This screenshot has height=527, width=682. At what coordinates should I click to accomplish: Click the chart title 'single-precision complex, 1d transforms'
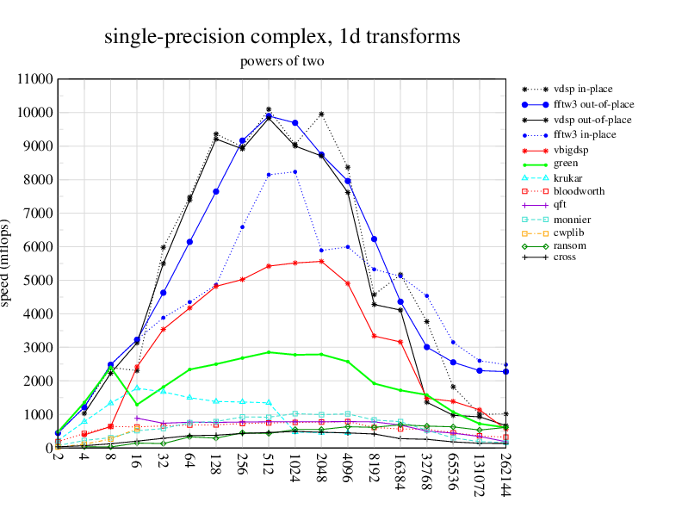point(282,37)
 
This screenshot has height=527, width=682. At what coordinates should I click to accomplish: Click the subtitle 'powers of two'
point(282,61)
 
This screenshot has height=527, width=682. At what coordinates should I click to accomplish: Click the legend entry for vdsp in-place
point(578,89)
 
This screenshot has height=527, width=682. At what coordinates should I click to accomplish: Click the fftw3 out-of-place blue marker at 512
point(269,116)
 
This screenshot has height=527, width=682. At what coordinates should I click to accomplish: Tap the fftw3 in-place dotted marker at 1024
point(295,171)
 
